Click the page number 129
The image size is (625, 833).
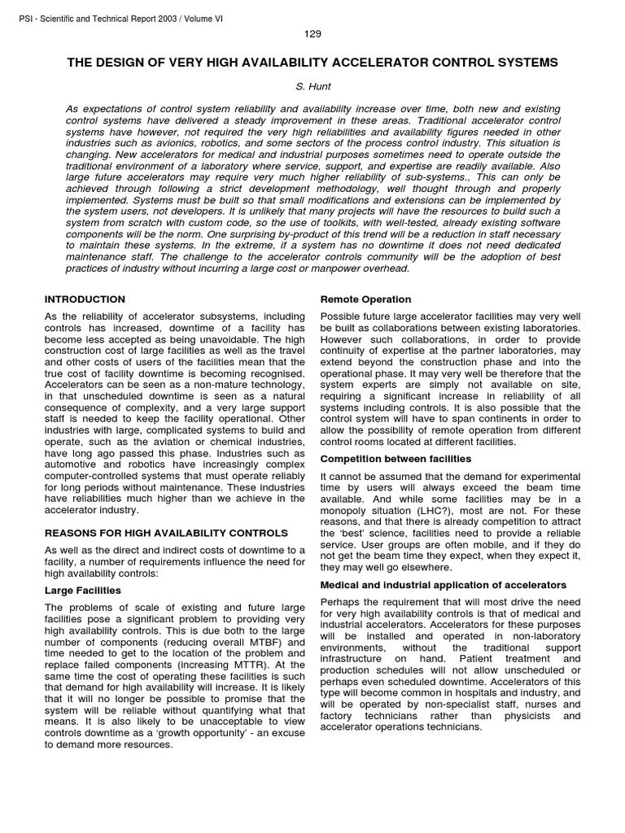tap(312, 33)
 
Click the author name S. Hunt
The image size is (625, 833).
tap(312, 85)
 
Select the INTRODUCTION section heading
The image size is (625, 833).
tap(85, 299)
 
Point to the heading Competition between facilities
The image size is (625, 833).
tap(396, 459)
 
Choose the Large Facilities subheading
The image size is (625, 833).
tap(83, 590)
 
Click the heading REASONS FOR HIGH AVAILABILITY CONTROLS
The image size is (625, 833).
tap(166, 533)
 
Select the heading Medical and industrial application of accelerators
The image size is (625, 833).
tap(444, 585)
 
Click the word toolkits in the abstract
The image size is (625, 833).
tap(357, 223)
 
